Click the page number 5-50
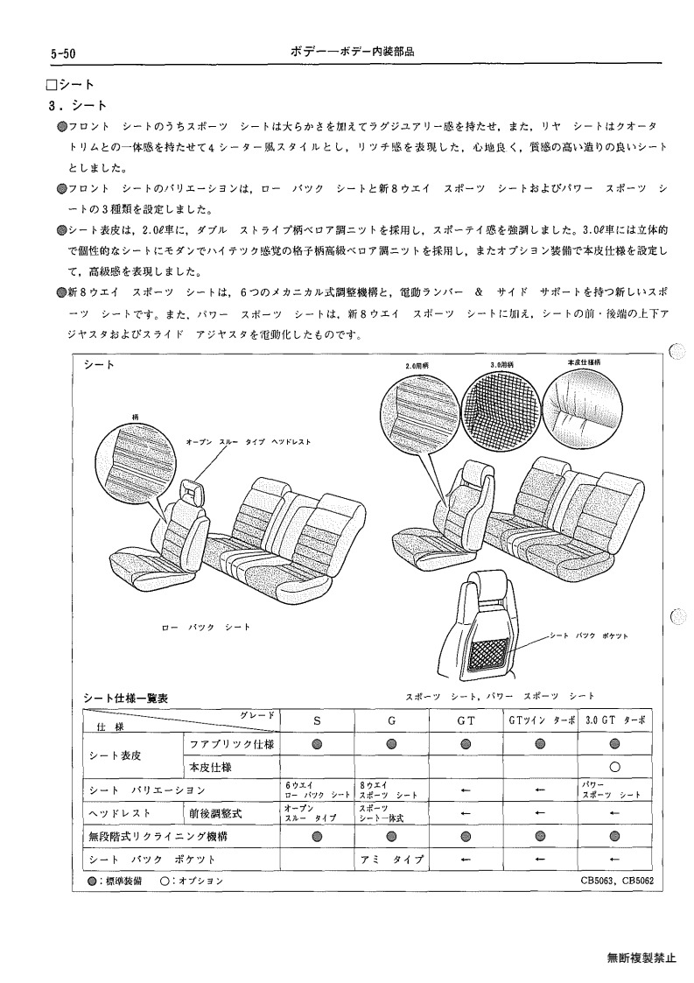[63, 54]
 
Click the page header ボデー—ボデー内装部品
[352, 52]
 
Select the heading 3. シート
[78, 105]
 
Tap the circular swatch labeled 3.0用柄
[500, 407]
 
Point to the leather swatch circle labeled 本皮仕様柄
[580, 407]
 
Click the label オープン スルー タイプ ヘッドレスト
[249, 442]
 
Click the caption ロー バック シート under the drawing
[206, 627]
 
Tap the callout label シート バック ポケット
[589, 635]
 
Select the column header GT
[466, 721]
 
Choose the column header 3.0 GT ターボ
[614, 721]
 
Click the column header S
[317, 721]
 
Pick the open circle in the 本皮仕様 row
[614, 767]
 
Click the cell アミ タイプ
[392, 860]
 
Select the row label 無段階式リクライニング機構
[158, 836]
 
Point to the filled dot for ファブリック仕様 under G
[391, 744]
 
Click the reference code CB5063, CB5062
[617, 881]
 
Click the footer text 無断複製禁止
[641, 958]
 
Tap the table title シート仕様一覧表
[125, 699]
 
